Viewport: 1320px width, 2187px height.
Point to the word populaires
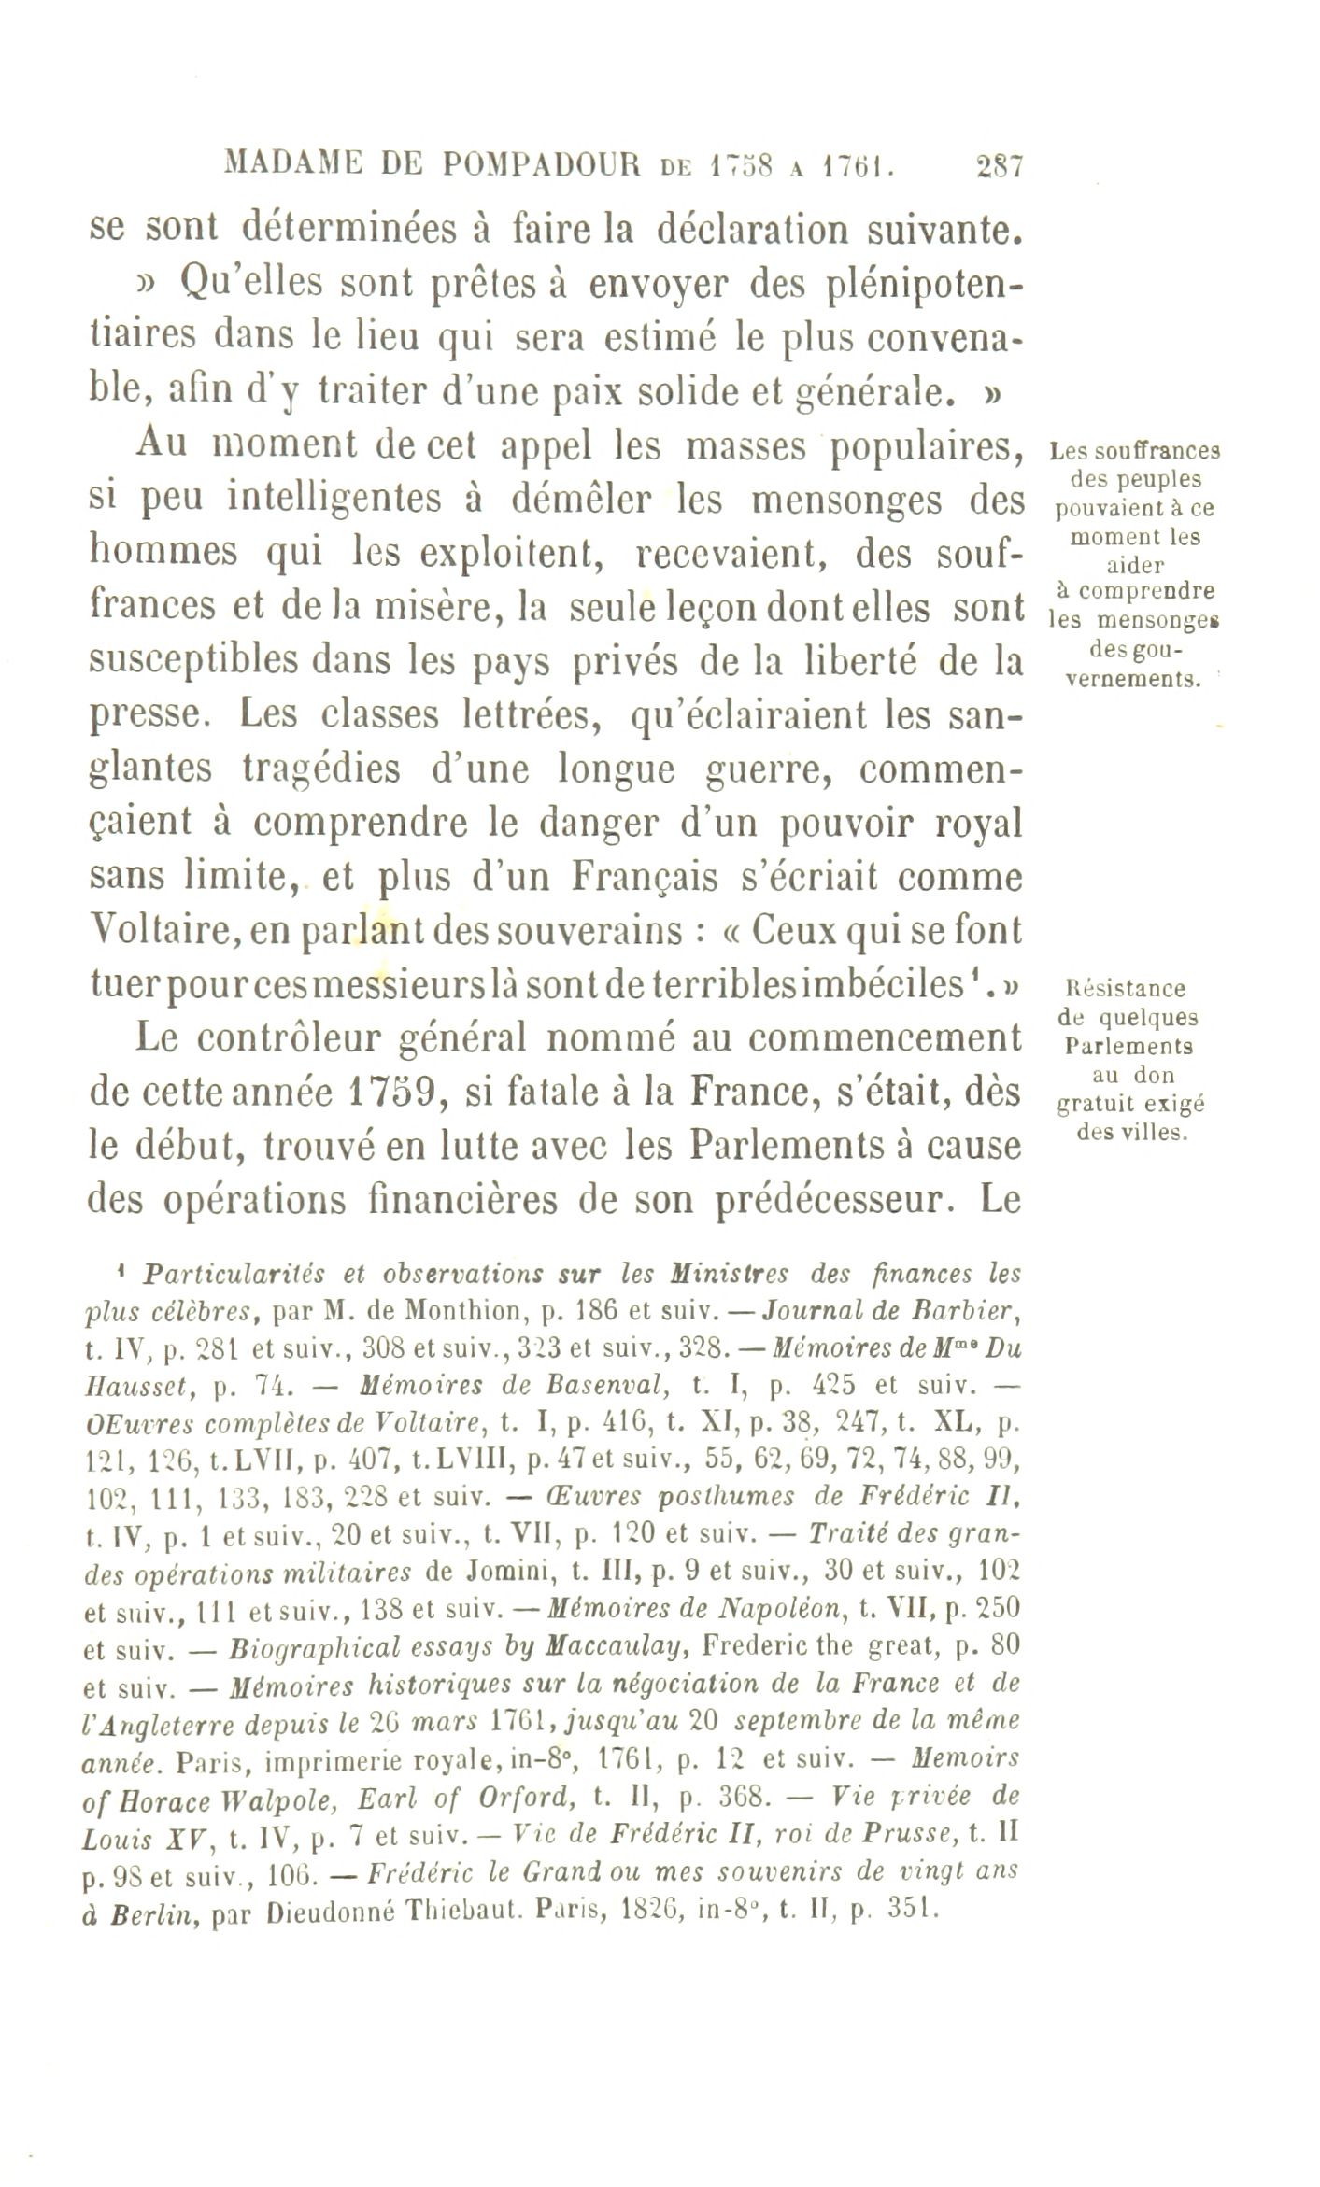point(923,447)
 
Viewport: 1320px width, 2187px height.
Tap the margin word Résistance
point(1124,988)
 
